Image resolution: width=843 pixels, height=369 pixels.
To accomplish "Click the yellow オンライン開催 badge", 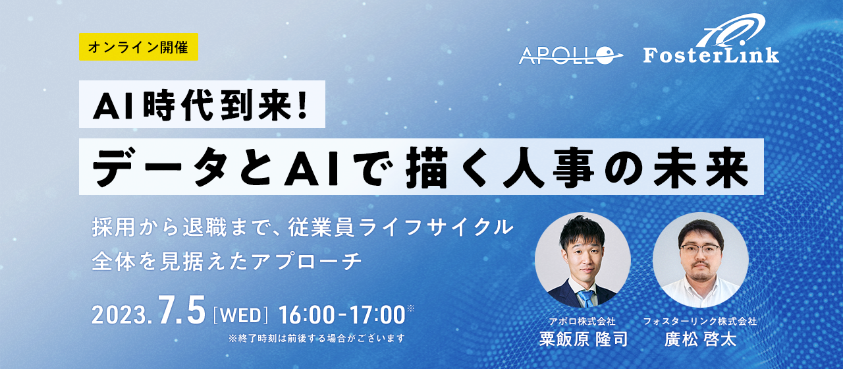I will click(x=138, y=47).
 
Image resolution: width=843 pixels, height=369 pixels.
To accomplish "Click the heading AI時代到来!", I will click(x=202, y=105).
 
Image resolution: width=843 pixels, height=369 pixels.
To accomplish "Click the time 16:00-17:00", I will click(x=341, y=315).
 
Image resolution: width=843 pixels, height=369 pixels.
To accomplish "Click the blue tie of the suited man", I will click(x=584, y=298).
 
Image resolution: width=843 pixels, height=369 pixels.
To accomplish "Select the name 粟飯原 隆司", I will click(x=582, y=340).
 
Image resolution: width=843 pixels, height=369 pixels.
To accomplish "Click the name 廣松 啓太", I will click(x=700, y=340).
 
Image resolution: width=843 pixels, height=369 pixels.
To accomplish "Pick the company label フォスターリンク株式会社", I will click(x=700, y=322).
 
